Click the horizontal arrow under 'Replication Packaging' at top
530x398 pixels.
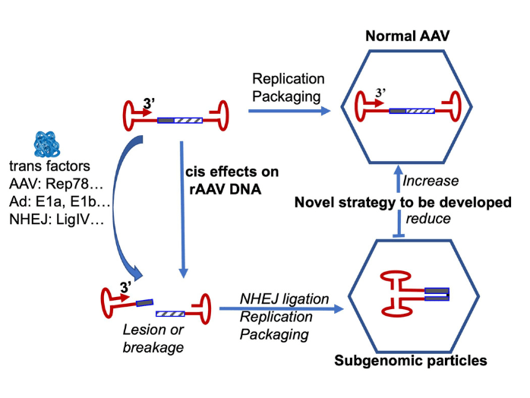[x=289, y=112]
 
